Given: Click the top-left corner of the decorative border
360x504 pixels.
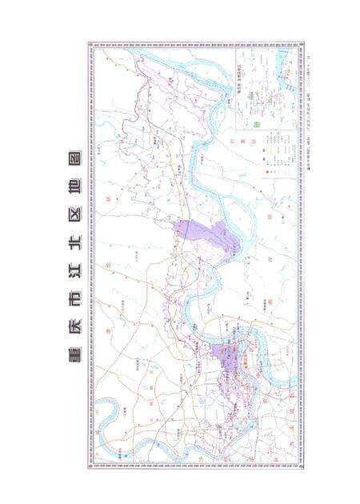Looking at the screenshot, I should coord(88,42).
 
